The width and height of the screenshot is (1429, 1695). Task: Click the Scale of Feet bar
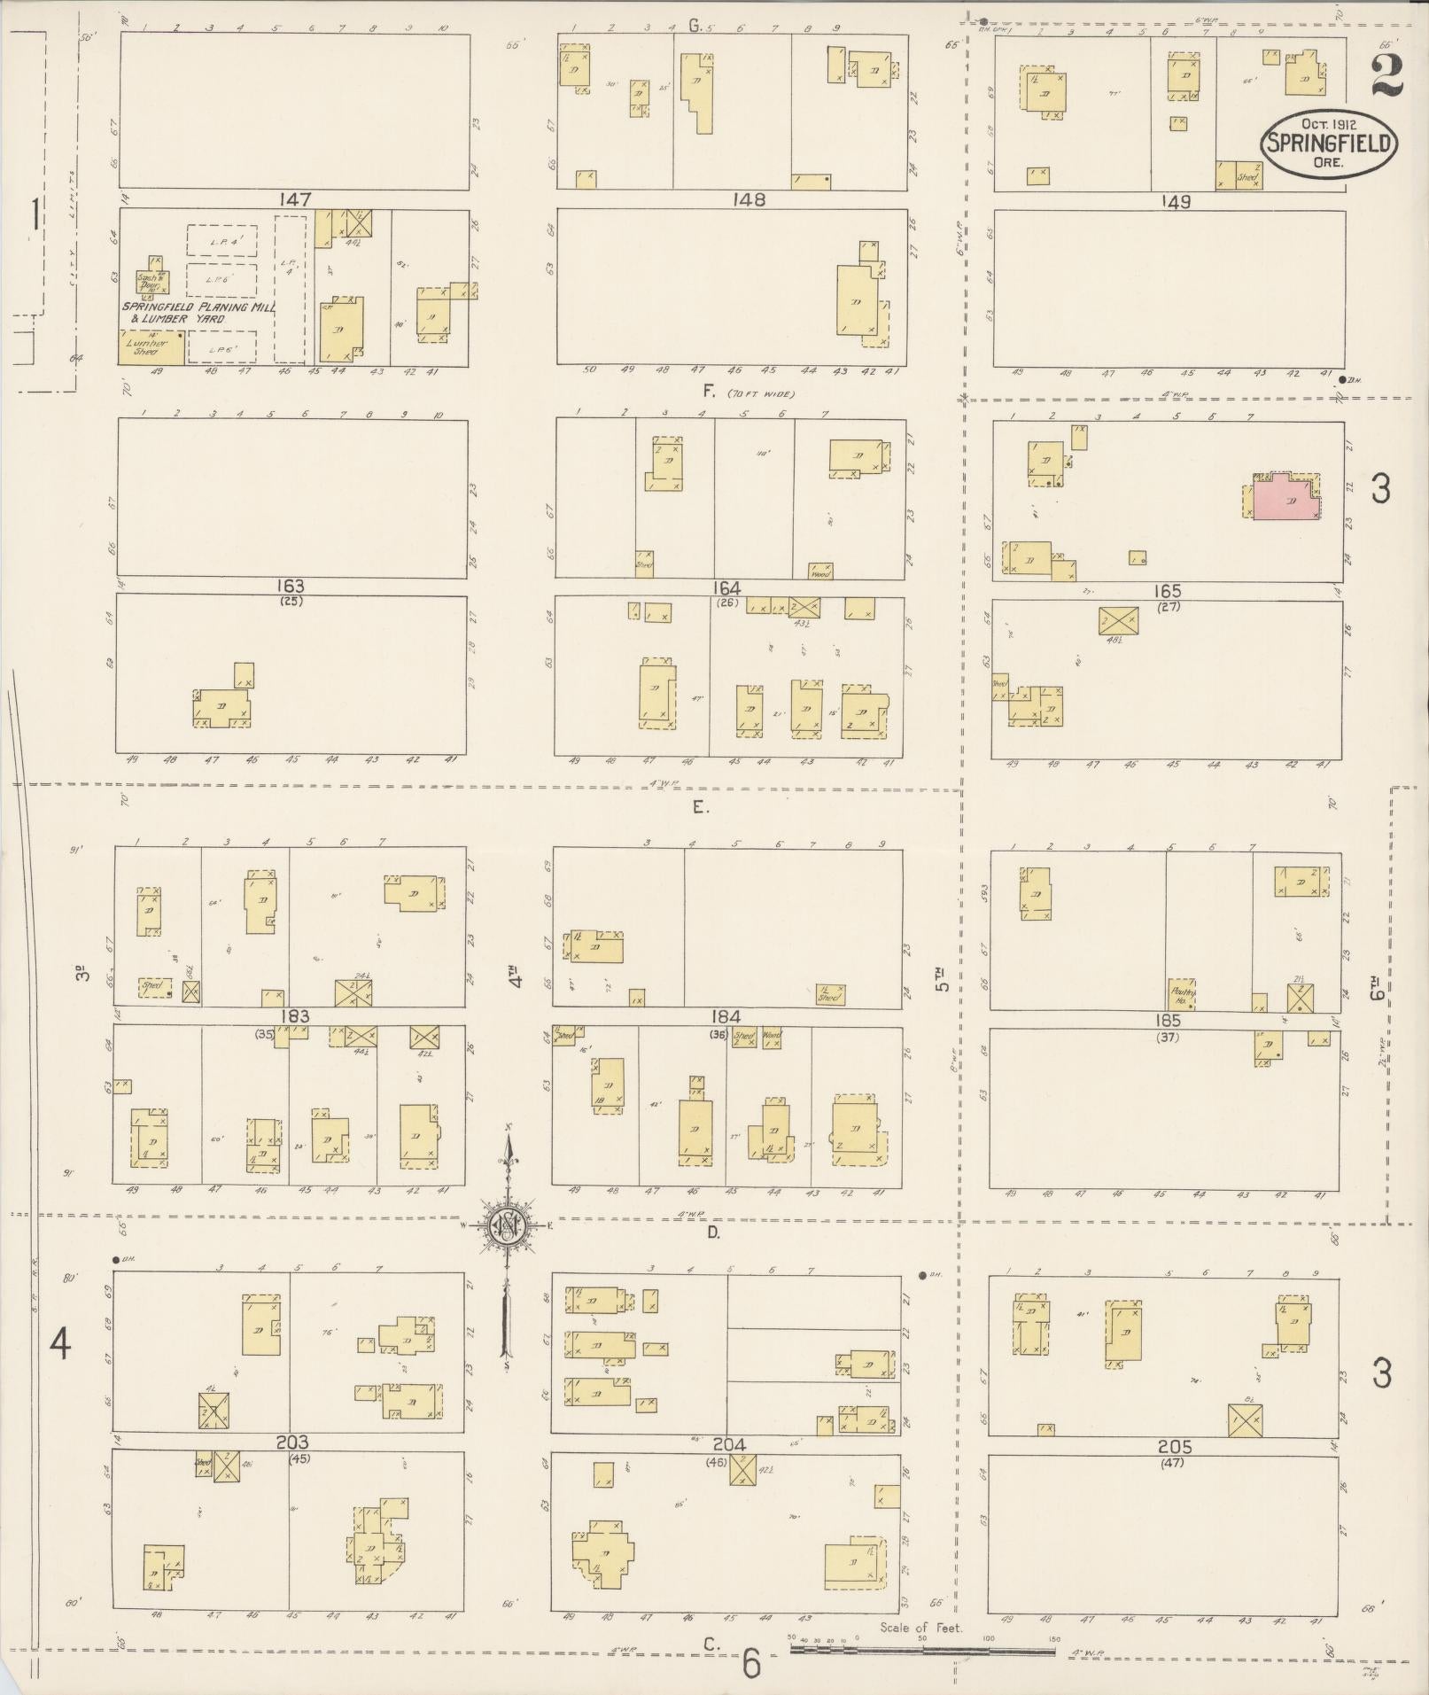pos(921,1650)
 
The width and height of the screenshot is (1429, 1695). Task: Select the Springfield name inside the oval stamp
pos(1330,143)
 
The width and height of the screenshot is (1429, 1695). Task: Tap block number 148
pos(749,200)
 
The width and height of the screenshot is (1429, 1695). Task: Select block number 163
pos(290,586)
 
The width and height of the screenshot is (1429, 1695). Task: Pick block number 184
pos(725,1016)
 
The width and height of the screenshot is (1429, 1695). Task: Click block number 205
pos(1175,1447)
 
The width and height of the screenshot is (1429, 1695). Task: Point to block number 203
pos(291,1443)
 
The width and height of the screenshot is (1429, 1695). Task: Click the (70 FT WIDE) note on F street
pos(761,393)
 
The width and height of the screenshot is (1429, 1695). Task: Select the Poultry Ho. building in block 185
pos(1182,994)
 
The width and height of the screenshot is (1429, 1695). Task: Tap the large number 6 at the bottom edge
pos(751,1665)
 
